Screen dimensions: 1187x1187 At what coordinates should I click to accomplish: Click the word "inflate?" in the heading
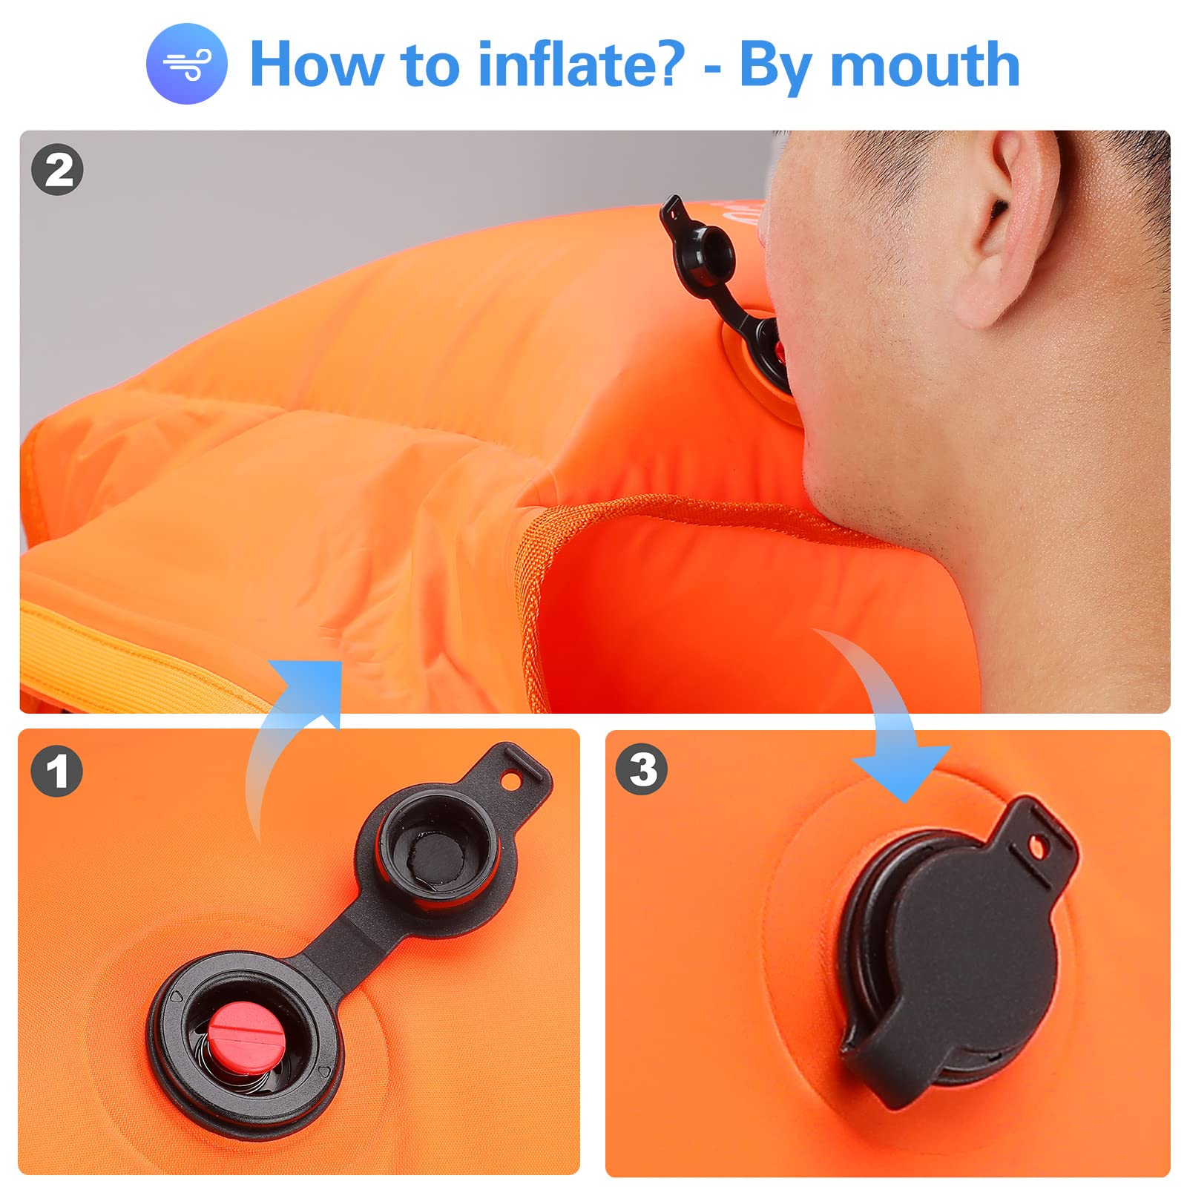581,64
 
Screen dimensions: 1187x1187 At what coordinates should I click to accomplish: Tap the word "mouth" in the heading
925,65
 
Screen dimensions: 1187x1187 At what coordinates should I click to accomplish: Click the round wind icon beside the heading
186,64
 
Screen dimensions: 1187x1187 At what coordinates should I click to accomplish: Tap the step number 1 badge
56,772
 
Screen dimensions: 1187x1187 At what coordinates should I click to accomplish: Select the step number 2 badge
57,171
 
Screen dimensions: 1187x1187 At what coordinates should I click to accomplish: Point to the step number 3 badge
642,769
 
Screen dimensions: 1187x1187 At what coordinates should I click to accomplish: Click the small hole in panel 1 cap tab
512,780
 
